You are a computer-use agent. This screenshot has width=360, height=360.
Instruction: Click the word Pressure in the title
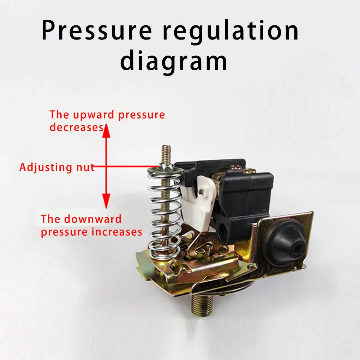click(x=96, y=31)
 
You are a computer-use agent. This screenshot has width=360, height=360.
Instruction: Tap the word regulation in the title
click(x=231, y=31)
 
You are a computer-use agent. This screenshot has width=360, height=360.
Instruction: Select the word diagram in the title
click(x=174, y=61)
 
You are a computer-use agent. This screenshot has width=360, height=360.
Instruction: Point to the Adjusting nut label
click(x=57, y=167)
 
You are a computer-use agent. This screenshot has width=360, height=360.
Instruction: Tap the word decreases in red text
click(x=76, y=127)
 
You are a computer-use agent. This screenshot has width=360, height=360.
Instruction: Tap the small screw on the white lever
click(x=202, y=191)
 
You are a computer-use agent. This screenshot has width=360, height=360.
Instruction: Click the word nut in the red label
click(x=86, y=167)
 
